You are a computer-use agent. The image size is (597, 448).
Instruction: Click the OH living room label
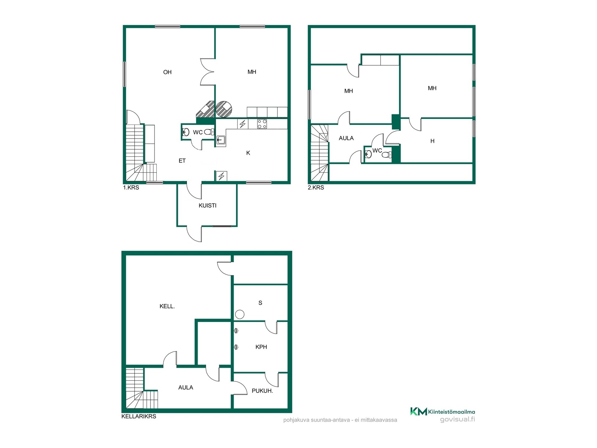click(x=167, y=72)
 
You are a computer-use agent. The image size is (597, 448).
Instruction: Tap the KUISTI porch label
click(x=207, y=205)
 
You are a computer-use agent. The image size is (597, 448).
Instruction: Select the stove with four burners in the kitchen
click(x=262, y=124)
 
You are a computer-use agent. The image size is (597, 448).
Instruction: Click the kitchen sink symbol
click(x=221, y=141)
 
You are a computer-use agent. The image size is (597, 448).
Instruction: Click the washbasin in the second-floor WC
click(x=368, y=154)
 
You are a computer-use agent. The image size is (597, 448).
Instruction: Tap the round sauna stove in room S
click(x=239, y=315)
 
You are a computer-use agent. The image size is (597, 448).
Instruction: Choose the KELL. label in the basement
click(x=167, y=306)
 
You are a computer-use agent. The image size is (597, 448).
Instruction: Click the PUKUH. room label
click(x=262, y=391)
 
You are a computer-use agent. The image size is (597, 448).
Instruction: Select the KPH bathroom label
click(x=261, y=347)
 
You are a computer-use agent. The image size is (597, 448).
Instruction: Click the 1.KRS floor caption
click(x=131, y=188)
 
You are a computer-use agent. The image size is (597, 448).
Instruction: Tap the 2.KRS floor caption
click(x=316, y=188)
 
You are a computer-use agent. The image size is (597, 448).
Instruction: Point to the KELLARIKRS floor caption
click(x=139, y=416)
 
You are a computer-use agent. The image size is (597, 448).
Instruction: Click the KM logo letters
click(x=419, y=411)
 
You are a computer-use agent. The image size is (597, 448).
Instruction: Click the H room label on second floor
click(x=432, y=141)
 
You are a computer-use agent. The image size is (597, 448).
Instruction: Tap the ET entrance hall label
click(x=182, y=161)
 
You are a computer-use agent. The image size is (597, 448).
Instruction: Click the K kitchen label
click(x=248, y=153)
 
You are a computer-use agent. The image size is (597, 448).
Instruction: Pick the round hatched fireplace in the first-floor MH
click(x=224, y=109)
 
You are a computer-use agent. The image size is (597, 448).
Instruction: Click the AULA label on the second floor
click(x=346, y=138)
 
